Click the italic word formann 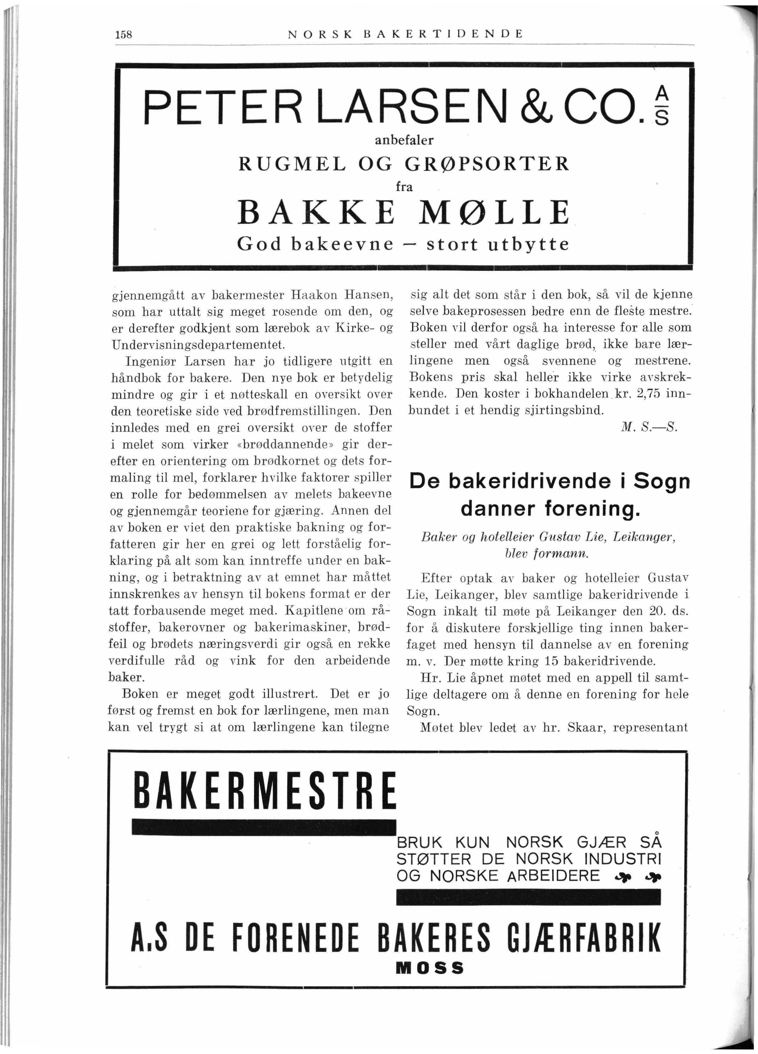(569, 554)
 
